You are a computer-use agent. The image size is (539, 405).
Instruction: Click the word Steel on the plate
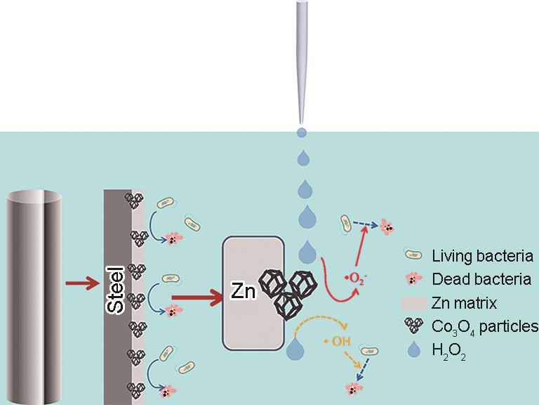(117, 289)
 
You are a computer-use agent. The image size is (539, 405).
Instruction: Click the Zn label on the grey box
(243, 290)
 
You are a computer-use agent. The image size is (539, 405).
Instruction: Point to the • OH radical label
(336, 342)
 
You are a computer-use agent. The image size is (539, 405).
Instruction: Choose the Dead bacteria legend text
(481, 280)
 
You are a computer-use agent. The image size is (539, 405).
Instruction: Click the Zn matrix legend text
(465, 304)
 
